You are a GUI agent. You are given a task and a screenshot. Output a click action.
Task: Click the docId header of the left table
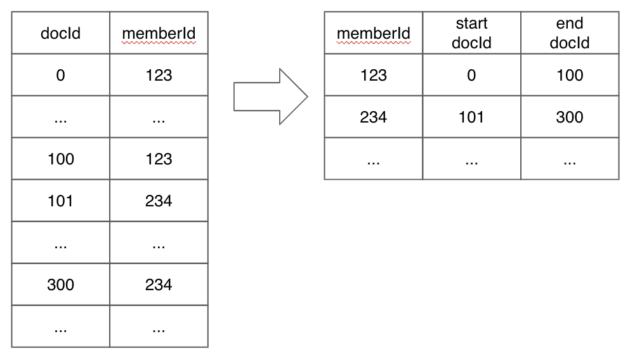click(61, 33)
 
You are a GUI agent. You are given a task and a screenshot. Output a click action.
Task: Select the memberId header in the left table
click(159, 33)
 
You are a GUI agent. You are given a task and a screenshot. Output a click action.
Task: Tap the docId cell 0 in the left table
click(61, 75)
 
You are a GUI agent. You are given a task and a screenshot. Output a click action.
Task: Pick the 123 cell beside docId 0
click(159, 75)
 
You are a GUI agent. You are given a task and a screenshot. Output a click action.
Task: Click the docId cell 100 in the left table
click(61, 159)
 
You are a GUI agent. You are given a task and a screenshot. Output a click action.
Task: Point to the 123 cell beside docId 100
click(159, 159)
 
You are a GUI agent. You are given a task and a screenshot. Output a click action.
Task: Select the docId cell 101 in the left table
click(61, 201)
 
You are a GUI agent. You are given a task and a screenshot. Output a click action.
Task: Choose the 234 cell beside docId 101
click(159, 201)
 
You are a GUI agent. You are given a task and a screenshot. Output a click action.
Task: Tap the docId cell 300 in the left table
click(61, 284)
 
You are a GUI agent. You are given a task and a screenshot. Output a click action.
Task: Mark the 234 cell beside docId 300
click(159, 284)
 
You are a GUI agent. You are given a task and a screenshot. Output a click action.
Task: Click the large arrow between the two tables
click(269, 97)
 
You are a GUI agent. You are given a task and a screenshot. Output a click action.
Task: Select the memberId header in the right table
click(374, 33)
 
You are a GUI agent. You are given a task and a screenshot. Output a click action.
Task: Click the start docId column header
click(471, 33)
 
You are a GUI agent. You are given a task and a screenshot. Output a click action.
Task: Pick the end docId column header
click(569, 33)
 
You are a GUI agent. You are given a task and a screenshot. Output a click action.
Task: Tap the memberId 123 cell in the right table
click(374, 75)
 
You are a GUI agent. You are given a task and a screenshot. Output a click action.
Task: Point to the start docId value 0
click(471, 75)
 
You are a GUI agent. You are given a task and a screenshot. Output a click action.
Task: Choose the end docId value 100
click(569, 75)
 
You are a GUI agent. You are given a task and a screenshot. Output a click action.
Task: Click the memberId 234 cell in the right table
click(374, 117)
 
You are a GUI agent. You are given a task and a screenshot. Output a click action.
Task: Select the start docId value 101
click(471, 117)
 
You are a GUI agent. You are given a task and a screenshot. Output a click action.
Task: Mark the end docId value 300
click(569, 117)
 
